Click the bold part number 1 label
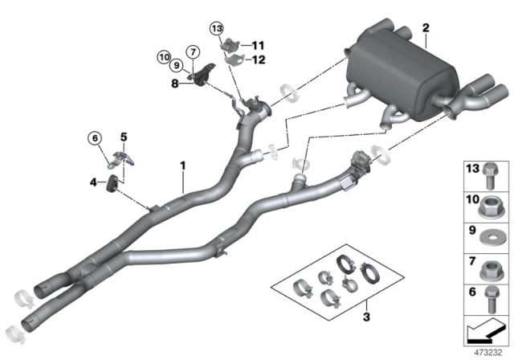[x=184, y=166]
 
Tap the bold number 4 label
[x=95, y=183]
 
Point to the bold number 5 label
[x=124, y=137]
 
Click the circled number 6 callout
[x=95, y=137]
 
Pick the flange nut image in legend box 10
[x=488, y=204]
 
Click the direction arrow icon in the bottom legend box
[x=486, y=329]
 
